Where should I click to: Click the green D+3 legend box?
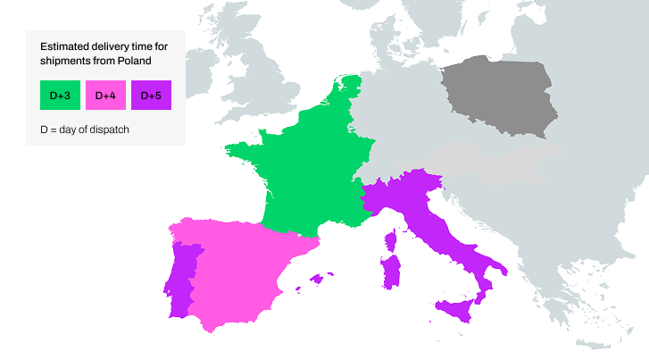click(x=61, y=95)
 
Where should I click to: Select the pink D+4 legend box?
click(x=105, y=95)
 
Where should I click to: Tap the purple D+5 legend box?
click(x=151, y=95)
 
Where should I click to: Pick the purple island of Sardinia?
click(x=390, y=272)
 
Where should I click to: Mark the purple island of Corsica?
click(x=390, y=240)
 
